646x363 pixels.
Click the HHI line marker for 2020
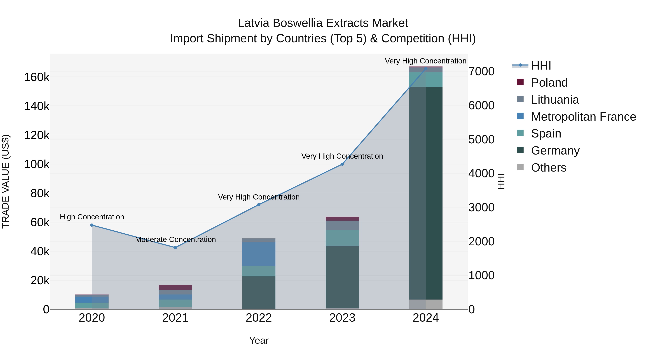tap(92, 225)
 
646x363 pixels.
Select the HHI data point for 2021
tap(175, 248)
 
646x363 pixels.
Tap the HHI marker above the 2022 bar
tap(259, 205)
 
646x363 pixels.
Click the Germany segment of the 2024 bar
tap(426, 193)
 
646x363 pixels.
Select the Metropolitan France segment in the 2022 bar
tap(259, 254)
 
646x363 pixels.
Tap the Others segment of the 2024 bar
tap(426, 304)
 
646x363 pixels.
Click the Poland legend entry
tap(549, 83)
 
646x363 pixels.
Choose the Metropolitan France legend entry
tap(583, 117)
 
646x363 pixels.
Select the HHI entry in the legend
tap(541, 66)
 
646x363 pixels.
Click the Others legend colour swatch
tap(520, 167)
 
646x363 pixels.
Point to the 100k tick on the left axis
tap(37, 164)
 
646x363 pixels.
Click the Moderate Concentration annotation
tap(175, 239)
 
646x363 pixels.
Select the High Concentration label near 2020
tap(92, 217)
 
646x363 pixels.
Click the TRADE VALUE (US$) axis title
tap(6, 181)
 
